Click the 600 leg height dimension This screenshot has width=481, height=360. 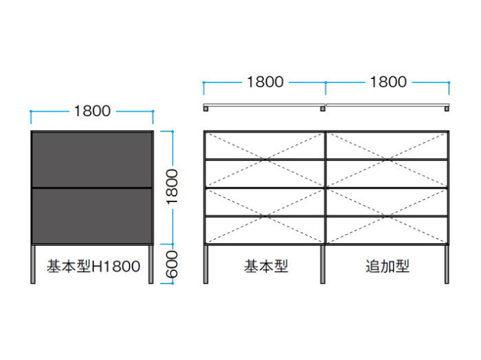[172, 264]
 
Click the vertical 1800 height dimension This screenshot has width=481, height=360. [172, 187]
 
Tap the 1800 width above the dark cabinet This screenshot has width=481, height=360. [92, 111]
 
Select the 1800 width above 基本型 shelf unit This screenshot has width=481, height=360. [265, 82]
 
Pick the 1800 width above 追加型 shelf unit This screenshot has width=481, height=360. [388, 82]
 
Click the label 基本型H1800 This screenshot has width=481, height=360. [93, 266]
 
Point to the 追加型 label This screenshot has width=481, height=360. [388, 266]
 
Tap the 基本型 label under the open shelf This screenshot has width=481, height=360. [266, 266]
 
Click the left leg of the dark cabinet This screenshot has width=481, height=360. [33, 264]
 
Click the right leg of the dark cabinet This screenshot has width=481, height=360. [151, 264]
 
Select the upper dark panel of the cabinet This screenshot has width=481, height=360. [92, 159]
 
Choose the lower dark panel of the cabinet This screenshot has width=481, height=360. [92, 216]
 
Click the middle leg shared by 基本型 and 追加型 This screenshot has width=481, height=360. [323, 264]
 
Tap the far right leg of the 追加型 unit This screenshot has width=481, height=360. [447, 264]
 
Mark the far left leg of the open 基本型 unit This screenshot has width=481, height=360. [206, 264]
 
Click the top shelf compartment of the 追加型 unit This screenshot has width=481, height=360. [387, 146]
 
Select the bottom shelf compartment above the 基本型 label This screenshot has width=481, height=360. [265, 231]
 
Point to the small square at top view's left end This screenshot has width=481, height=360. [206, 109]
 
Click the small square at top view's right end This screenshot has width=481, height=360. [447, 109]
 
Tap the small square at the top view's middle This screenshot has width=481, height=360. [323, 109]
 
